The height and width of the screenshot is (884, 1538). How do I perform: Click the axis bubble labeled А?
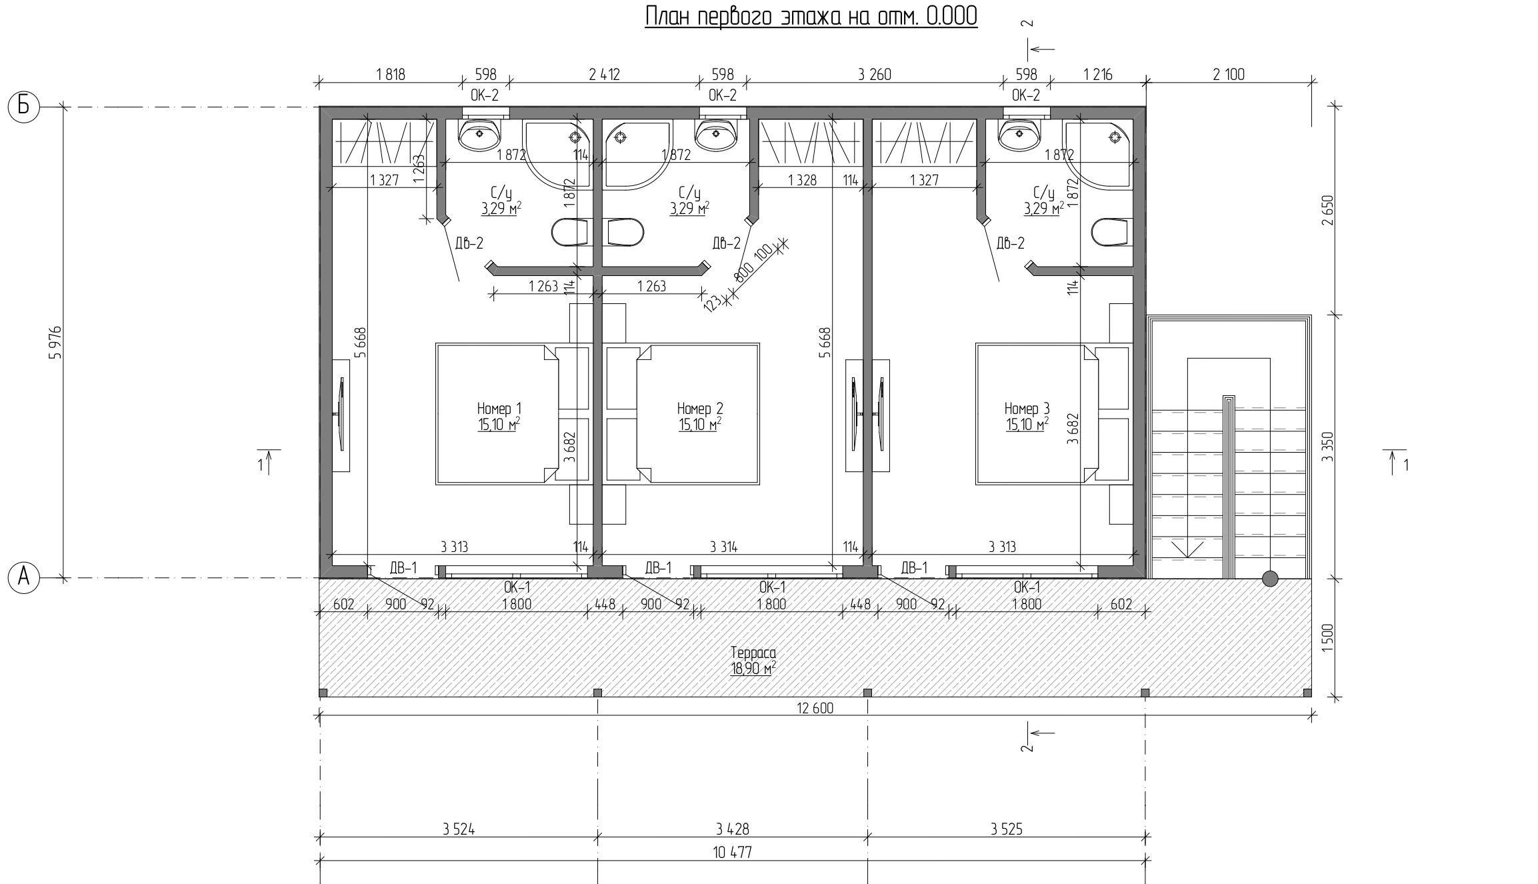point(24,577)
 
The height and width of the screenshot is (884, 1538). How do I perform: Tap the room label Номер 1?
point(499,408)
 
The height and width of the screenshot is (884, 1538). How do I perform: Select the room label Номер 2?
point(700,408)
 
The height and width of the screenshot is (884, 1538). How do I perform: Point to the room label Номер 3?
point(1027,408)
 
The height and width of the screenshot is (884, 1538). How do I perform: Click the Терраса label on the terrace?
point(753,653)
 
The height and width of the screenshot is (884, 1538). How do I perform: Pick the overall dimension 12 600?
point(815,708)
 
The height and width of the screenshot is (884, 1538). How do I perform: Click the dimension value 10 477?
point(732,852)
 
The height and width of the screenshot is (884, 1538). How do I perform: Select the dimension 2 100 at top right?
point(1229,75)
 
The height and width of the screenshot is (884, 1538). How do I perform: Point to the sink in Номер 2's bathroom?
point(716,136)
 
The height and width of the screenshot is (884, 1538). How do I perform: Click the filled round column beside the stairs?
point(1270,578)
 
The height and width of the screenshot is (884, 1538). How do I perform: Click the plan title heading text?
point(811,16)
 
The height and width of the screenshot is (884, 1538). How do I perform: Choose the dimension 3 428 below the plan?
point(733,829)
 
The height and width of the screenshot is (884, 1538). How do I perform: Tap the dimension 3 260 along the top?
point(875,75)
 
